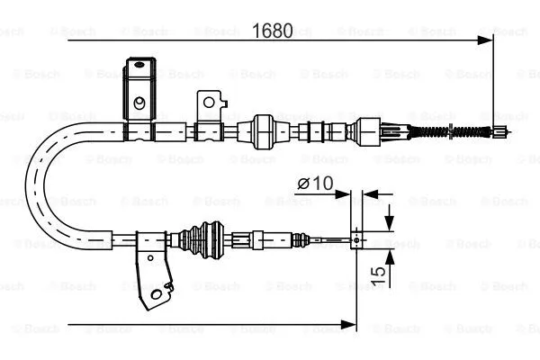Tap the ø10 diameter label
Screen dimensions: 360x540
tap(315, 184)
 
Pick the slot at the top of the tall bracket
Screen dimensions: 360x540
tap(139, 65)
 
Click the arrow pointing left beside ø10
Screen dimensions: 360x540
tap(369, 192)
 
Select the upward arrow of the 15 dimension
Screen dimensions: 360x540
tap(388, 256)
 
